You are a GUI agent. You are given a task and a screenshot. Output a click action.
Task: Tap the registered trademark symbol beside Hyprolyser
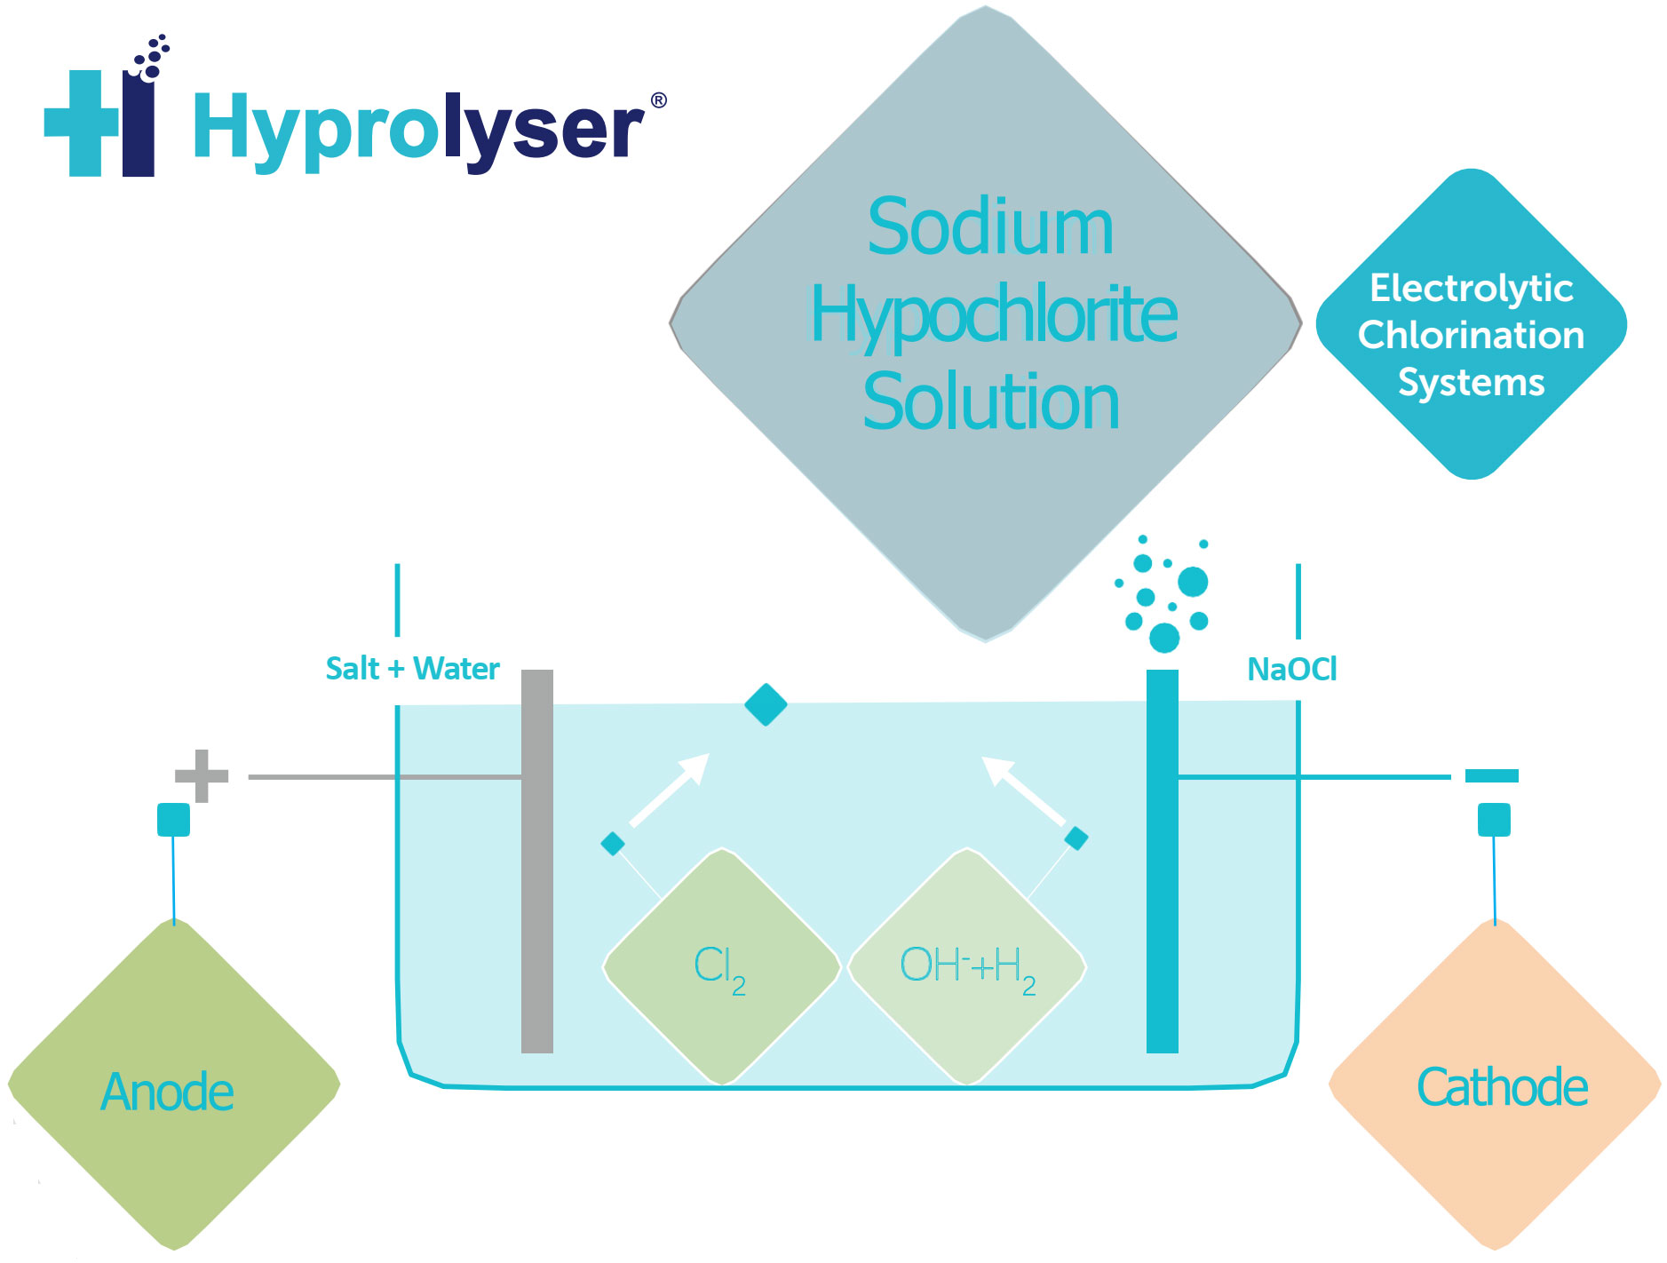(658, 100)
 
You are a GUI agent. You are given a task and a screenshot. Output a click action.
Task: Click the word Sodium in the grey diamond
(989, 227)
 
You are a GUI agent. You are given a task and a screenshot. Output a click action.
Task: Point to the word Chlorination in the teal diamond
(1471, 336)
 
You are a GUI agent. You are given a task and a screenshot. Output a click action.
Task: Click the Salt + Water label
(412, 668)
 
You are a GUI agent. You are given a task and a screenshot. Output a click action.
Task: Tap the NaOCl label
(1291, 669)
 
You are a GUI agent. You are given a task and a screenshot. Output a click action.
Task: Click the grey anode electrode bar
(536, 862)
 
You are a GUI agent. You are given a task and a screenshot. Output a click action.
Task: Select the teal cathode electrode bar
(1162, 862)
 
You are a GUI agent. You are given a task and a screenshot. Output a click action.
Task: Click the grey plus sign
(202, 775)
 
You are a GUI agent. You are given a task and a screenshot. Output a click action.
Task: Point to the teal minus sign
(1491, 775)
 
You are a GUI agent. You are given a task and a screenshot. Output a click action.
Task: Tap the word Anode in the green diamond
(167, 1092)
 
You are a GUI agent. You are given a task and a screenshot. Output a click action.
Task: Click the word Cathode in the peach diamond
(1502, 1087)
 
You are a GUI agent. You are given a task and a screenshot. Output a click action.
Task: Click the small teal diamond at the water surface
(766, 704)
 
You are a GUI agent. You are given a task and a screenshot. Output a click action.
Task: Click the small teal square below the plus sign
(173, 819)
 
